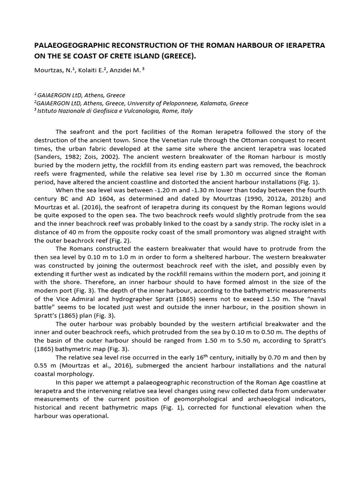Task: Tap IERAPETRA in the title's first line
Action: click(303, 45)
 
